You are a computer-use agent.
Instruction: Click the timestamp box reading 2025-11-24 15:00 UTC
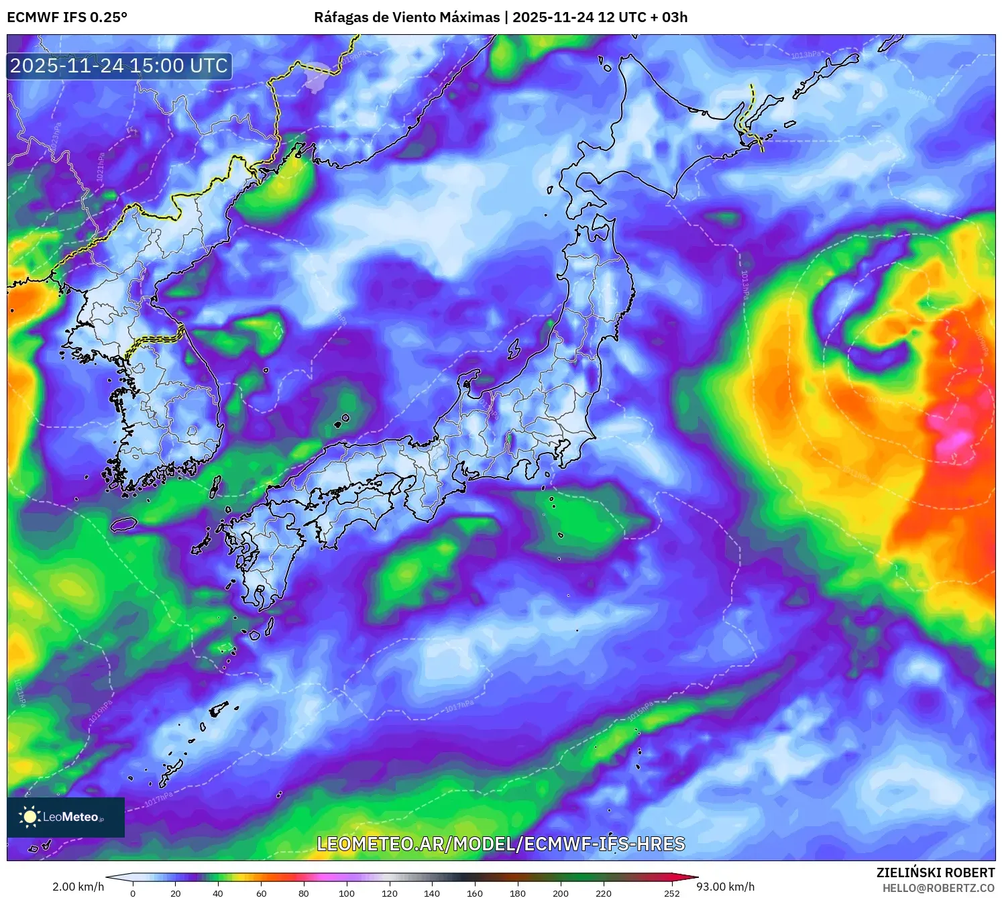click(x=119, y=66)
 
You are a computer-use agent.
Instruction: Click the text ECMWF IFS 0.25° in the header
click(x=67, y=17)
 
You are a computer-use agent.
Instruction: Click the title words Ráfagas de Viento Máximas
click(x=407, y=17)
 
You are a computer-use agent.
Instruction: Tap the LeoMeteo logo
click(x=66, y=817)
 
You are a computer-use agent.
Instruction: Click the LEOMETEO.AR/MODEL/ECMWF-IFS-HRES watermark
click(x=500, y=844)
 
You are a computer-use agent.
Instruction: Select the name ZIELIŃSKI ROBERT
click(x=935, y=873)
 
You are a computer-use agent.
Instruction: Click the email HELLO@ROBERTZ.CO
click(x=938, y=888)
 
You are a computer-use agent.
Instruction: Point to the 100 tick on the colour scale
click(x=346, y=893)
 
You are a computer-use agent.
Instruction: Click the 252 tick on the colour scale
click(x=672, y=893)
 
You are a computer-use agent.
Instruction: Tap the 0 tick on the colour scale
click(x=133, y=893)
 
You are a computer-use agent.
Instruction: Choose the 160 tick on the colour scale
click(x=474, y=893)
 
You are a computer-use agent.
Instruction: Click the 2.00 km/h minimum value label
click(x=78, y=887)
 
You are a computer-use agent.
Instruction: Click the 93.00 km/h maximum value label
click(x=725, y=887)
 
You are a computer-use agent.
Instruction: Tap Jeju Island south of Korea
click(x=123, y=524)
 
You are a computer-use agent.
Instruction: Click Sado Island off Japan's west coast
click(x=514, y=349)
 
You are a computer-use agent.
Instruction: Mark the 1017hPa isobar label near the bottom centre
click(x=459, y=707)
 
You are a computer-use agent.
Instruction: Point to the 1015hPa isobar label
click(x=640, y=712)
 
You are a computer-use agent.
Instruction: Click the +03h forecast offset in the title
click(x=674, y=17)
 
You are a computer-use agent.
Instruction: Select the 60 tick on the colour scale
click(x=261, y=893)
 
